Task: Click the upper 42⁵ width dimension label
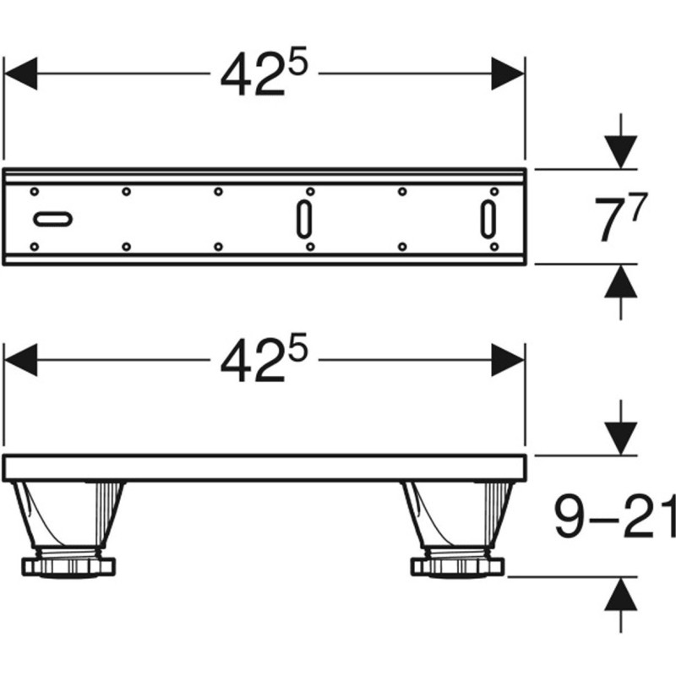point(264,72)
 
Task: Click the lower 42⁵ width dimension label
point(264,357)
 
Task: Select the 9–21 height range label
point(615,516)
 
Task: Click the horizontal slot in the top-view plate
point(52,219)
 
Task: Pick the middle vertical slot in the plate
point(304,219)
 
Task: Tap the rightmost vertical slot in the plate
point(488,219)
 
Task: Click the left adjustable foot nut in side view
point(68,566)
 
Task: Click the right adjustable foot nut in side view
point(457,566)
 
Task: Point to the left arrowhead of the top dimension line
point(20,74)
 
